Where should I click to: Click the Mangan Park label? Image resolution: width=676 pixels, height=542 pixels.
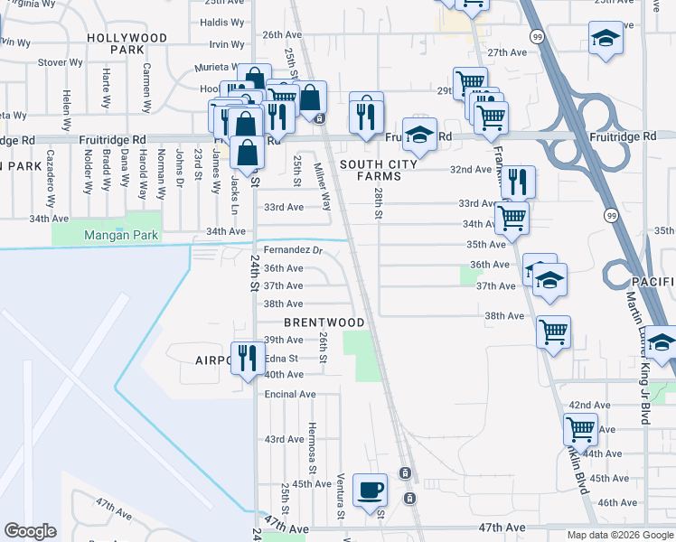(121, 236)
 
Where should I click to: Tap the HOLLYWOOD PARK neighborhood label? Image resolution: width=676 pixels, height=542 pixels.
(127, 43)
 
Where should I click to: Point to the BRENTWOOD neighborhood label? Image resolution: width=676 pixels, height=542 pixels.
(324, 322)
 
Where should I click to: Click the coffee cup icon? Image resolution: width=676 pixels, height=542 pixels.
(371, 491)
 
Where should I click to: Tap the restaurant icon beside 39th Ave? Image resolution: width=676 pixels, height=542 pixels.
(244, 360)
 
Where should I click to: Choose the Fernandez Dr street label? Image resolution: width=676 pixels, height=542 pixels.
(293, 249)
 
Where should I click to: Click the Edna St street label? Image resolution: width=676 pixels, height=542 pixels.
(283, 358)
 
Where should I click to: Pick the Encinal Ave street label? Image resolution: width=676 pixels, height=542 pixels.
(290, 394)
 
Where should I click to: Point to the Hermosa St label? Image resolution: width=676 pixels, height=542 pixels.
(313, 448)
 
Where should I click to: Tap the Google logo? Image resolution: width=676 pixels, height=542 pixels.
(31, 531)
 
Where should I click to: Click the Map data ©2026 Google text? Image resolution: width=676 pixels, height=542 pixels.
(620, 535)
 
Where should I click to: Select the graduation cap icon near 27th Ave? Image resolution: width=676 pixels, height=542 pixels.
(605, 39)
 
